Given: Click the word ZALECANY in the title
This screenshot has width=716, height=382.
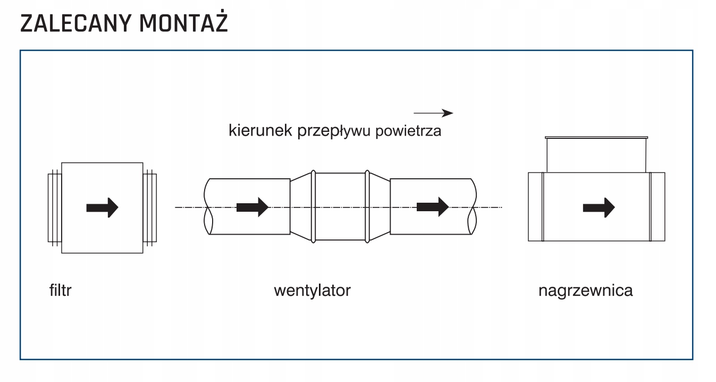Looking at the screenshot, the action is coord(76,23).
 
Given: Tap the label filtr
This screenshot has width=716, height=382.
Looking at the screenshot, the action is coord(61,290).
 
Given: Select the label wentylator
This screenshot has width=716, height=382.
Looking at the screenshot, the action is coord(313,290).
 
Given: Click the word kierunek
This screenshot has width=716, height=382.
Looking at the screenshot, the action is coord(260,130).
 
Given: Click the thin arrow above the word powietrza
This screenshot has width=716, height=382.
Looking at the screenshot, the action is coord(433,113).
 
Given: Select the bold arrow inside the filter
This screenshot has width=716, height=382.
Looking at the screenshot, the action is coord(102,207).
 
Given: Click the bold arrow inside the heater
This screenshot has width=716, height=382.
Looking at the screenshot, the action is coord(599,207).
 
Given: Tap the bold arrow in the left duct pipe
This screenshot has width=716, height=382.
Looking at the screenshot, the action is coord(252,207).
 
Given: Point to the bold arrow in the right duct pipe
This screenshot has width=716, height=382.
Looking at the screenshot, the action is coord(433,207).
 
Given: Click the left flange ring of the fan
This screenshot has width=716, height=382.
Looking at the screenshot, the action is coord(313,206).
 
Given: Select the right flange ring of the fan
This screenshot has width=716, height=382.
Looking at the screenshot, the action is coord(367,206).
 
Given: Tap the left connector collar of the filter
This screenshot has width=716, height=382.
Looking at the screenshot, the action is coord(55,208).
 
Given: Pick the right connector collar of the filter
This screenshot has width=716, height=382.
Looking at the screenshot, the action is coord(150,208).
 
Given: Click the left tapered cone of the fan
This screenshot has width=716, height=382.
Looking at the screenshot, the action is coord(300,206).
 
